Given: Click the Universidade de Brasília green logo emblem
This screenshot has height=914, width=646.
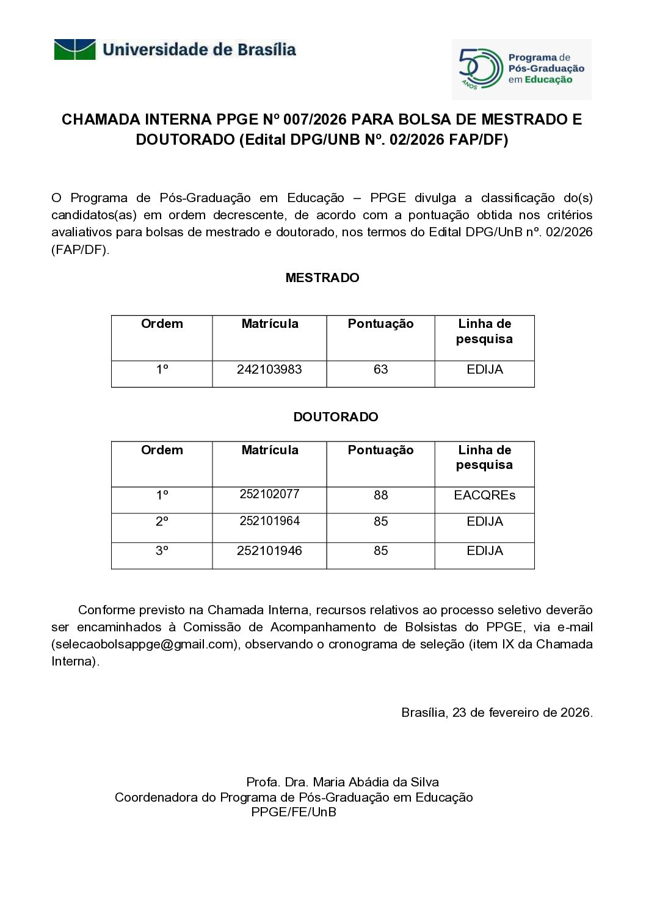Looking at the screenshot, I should [x=74, y=49].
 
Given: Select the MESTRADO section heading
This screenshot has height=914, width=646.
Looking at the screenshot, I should [x=322, y=278].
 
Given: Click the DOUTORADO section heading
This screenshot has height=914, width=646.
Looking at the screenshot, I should [x=336, y=417].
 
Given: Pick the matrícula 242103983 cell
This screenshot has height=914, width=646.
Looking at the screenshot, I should [x=269, y=369].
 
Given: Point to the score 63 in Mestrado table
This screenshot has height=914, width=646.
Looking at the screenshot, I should [x=380, y=369].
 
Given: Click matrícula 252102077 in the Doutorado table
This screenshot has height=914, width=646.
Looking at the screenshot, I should [x=269, y=494].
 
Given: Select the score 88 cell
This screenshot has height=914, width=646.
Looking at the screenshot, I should [x=380, y=495].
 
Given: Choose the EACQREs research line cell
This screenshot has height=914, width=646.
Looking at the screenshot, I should [x=484, y=495].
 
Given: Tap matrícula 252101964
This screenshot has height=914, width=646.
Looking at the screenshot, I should [x=269, y=521].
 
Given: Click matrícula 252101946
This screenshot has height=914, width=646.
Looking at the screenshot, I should [x=269, y=551].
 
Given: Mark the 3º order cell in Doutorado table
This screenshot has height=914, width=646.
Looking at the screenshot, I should [x=162, y=551].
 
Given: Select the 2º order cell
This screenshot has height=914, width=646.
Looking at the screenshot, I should [x=162, y=521].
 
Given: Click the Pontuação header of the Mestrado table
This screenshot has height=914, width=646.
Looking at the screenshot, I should [x=380, y=324].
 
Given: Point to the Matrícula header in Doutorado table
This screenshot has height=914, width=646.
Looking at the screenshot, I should [x=270, y=451].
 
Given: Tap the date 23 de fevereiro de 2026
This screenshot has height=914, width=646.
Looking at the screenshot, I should [x=522, y=713].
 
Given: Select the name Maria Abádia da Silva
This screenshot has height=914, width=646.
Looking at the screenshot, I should [x=376, y=782].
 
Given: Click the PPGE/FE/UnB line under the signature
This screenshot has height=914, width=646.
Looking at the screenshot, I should [x=294, y=812].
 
